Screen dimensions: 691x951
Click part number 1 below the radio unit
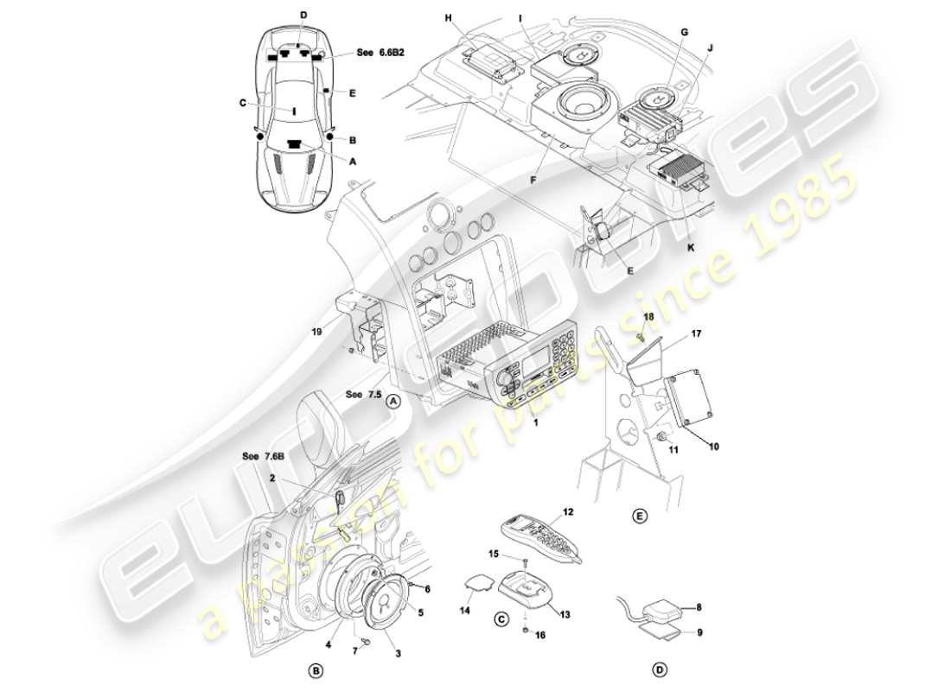point(536,424)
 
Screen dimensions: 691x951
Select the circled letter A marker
point(393,401)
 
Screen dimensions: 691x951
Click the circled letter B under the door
point(316,669)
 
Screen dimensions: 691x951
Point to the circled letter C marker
point(501,618)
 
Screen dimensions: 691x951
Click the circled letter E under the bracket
point(639,516)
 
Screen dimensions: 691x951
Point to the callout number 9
point(699,632)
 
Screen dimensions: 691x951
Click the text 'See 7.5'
point(362,394)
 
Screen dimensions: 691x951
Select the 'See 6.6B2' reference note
point(381,53)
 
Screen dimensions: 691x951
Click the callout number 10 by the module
point(714,447)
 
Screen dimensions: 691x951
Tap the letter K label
point(689,246)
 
